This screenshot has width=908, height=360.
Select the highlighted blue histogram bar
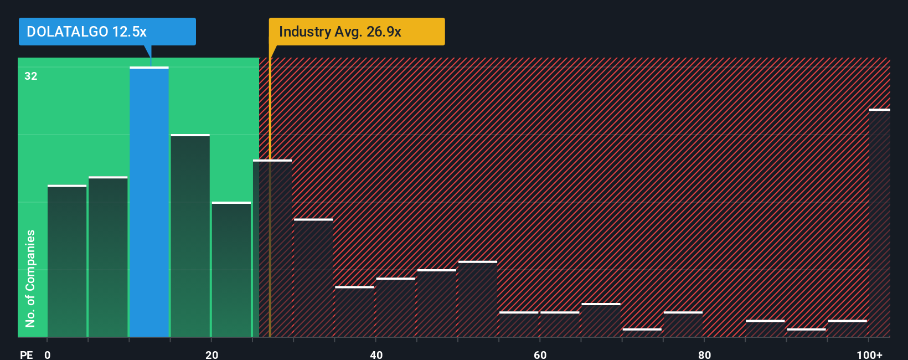pyautogui.click(x=149, y=202)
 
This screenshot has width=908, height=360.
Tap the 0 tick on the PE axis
pyautogui.click(x=48, y=354)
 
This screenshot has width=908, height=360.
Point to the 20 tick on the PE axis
pyautogui.click(x=211, y=354)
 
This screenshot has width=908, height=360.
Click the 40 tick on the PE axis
pyautogui.click(x=376, y=354)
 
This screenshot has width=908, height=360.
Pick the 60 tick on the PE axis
pyautogui.click(x=540, y=354)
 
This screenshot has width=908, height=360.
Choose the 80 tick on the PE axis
pyautogui.click(x=704, y=354)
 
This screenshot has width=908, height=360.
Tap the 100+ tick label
pyautogui.click(x=869, y=354)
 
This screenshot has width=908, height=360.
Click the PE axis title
pyautogui.click(x=27, y=354)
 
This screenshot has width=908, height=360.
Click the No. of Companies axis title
pyautogui.click(x=30, y=278)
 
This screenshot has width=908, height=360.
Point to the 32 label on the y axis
pyautogui.click(x=31, y=76)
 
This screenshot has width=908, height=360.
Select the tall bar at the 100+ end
pyautogui.click(x=879, y=223)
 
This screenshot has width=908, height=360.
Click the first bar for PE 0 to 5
pyautogui.click(x=67, y=261)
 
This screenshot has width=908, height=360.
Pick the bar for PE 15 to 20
pyautogui.click(x=190, y=235)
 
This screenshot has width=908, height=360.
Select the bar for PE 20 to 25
pyautogui.click(x=231, y=269)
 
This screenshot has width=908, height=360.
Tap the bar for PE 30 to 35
pyautogui.click(x=313, y=278)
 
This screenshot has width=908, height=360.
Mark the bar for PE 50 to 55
pyautogui.click(x=478, y=299)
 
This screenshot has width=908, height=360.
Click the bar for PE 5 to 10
pyautogui.click(x=108, y=256)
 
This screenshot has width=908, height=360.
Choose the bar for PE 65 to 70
pyautogui.click(x=601, y=320)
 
